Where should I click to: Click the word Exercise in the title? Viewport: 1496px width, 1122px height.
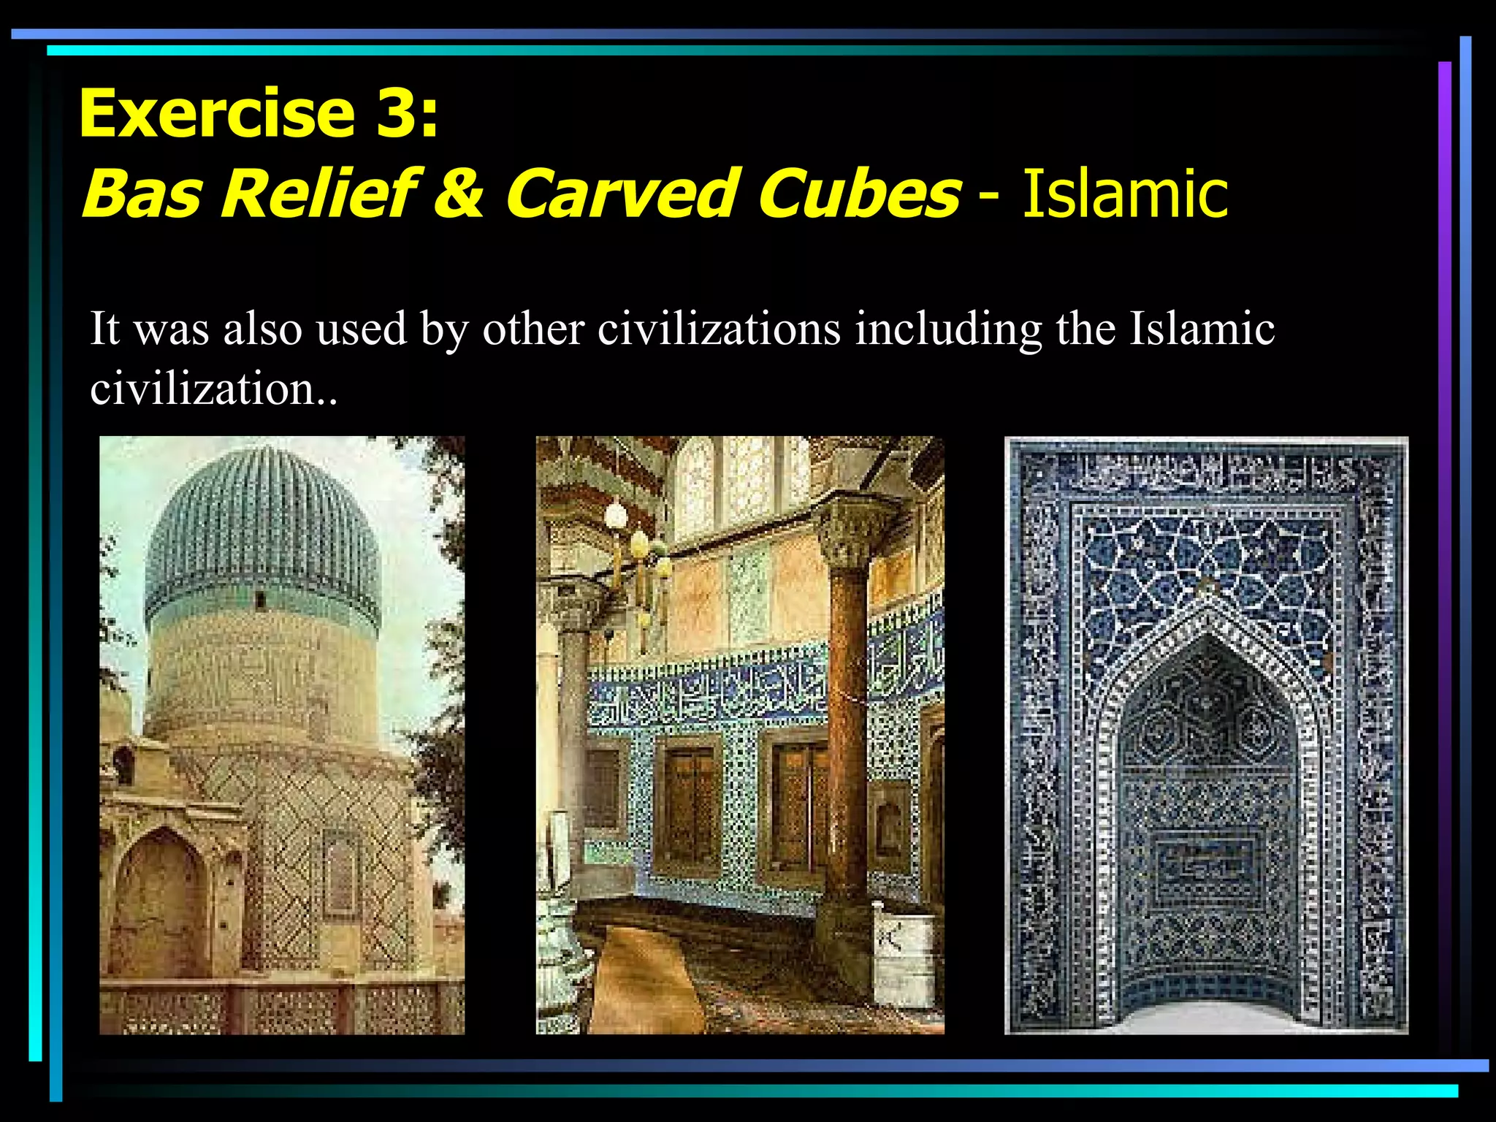pos(216,113)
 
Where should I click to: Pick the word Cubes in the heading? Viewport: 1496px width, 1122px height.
pos(858,194)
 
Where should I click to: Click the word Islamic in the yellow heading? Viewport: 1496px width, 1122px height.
pos(1125,194)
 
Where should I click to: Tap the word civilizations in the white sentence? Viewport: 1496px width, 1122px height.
pos(719,329)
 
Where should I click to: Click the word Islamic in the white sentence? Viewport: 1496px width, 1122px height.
pos(1202,329)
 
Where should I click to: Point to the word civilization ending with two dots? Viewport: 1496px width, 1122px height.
pos(213,389)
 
